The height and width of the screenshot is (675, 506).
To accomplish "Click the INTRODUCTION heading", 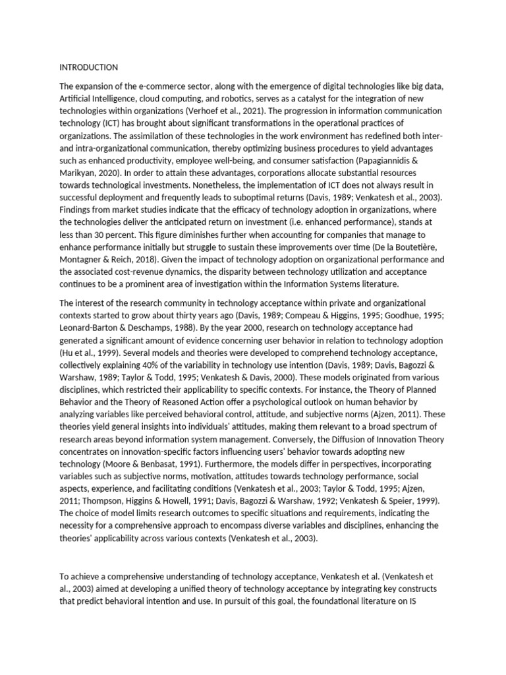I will click(x=89, y=67).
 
